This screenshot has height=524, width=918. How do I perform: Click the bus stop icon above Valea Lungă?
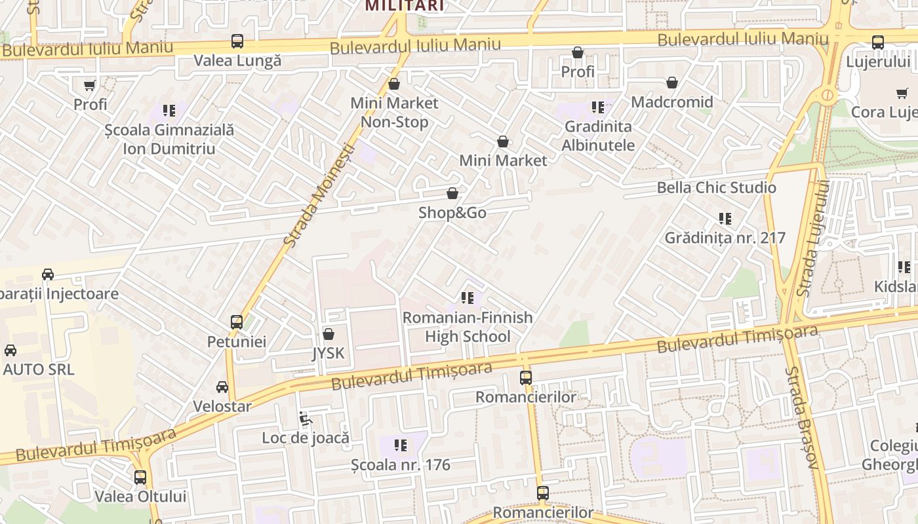(237, 42)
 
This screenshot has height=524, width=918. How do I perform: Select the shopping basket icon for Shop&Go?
(452, 193)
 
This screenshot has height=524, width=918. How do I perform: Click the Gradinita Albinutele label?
(598, 136)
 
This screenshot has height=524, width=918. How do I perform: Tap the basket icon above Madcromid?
(671, 83)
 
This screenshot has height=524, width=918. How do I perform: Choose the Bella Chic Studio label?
(716, 188)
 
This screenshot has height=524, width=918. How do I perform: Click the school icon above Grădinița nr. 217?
(725, 219)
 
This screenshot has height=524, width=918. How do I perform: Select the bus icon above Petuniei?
(237, 322)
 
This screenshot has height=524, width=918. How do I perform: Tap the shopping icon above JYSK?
(329, 334)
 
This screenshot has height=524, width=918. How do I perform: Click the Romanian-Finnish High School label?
(468, 327)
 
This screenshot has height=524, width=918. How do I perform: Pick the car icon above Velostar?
(222, 387)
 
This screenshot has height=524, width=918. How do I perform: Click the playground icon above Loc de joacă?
(305, 418)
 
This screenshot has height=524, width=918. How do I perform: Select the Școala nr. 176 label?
(401, 465)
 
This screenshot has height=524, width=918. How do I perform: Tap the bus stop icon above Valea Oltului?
(140, 477)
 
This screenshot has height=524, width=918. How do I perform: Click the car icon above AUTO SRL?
(10, 350)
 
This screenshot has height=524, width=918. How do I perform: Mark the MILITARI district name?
(404, 7)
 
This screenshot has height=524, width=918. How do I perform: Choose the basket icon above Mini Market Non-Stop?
(394, 84)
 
